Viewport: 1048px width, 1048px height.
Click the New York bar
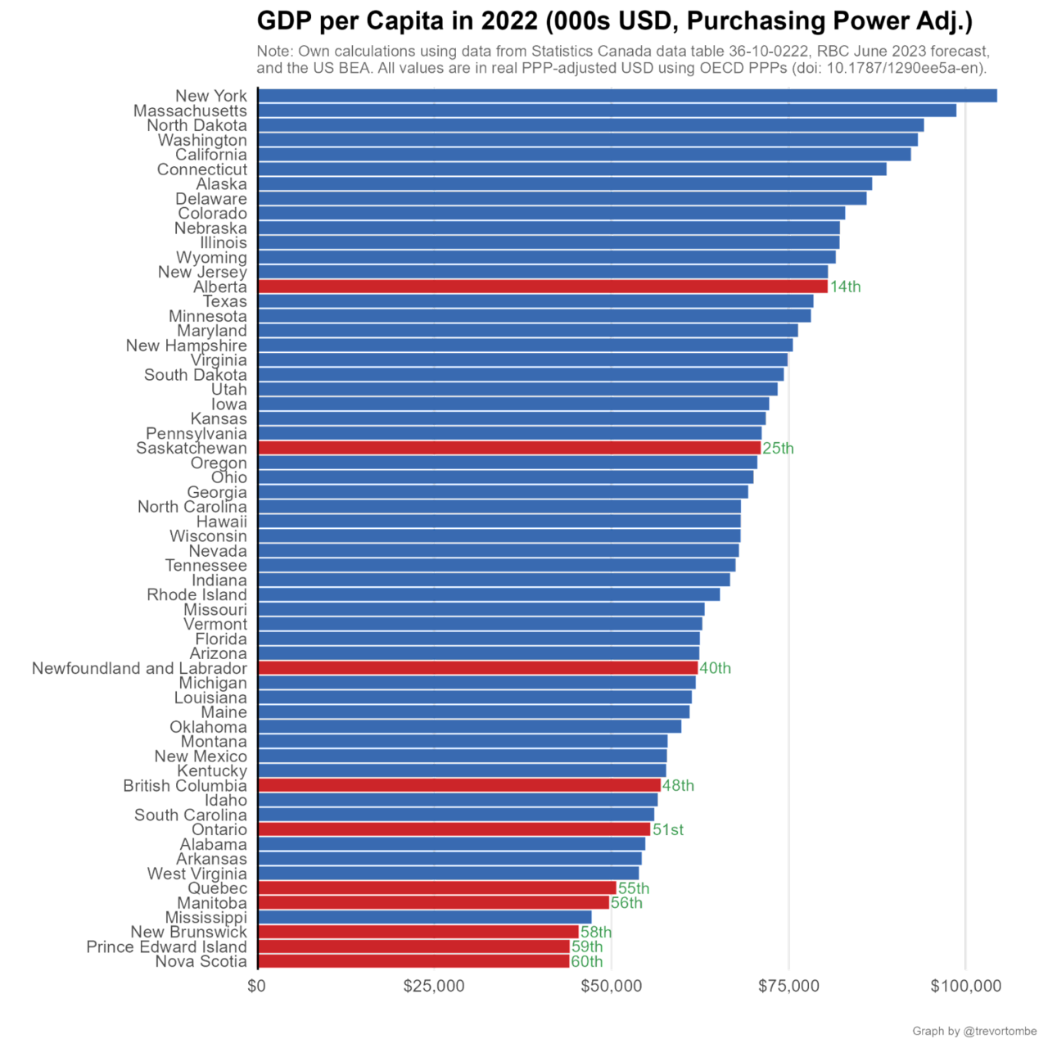click(627, 96)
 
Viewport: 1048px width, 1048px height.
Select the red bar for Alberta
click(543, 287)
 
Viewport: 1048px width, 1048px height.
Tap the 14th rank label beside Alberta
click(846, 287)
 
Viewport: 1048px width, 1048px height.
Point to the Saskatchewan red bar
click(508, 448)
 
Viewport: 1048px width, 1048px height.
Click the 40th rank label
click(716, 669)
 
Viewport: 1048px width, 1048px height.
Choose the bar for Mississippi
click(424, 917)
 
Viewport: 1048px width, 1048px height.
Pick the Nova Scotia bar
click(413, 961)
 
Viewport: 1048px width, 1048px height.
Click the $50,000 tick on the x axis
click(612, 986)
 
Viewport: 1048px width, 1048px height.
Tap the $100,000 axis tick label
click(966, 986)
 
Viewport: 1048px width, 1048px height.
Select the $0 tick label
click(256, 986)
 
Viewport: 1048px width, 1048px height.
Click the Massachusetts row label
click(190, 111)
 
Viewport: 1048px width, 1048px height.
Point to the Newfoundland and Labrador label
click(139, 669)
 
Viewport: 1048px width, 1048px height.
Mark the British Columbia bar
click(458, 785)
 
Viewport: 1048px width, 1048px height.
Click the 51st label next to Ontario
click(667, 830)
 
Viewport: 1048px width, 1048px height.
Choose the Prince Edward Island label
click(166, 946)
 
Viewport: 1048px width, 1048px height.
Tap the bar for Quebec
click(436, 888)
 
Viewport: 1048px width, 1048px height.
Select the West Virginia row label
click(196, 874)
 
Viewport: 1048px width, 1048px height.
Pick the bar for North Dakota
click(590, 125)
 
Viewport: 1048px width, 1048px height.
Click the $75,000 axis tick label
click(789, 986)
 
